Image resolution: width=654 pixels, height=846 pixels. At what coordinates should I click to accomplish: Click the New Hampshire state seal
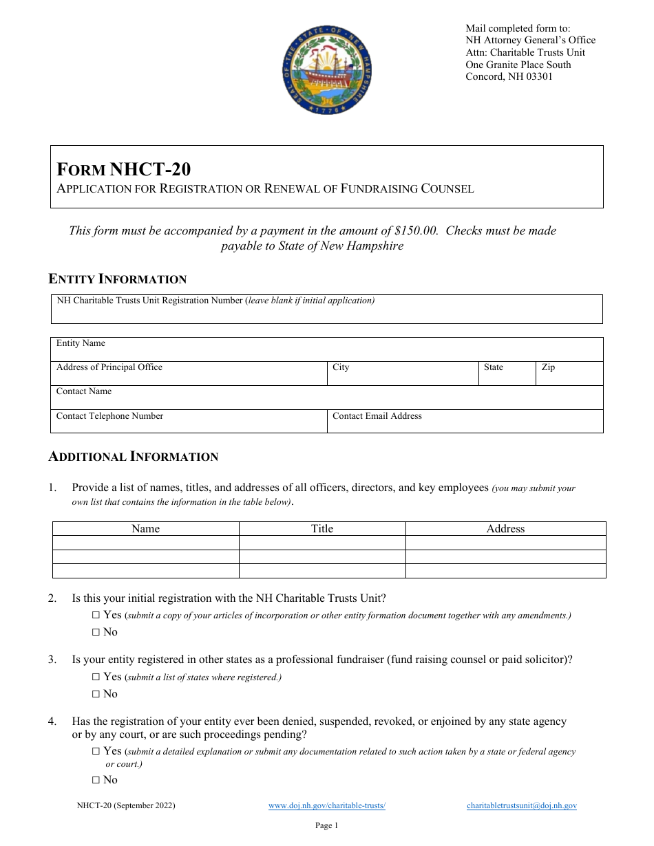(327, 71)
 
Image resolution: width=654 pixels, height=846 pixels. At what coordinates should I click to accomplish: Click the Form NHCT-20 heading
(124, 169)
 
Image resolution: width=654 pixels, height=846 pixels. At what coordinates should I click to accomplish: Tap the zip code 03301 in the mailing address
(538, 76)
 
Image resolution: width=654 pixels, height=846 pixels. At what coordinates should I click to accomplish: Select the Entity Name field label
(81, 343)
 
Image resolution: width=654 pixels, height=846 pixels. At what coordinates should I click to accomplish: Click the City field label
(341, 367)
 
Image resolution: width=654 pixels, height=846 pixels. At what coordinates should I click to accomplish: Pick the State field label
(493, 367)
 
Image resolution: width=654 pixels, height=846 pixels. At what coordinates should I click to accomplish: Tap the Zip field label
(548, 367)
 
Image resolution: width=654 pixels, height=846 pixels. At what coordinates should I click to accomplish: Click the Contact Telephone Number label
(109, 416)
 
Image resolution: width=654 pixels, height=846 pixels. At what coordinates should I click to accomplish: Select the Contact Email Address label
(377, 416)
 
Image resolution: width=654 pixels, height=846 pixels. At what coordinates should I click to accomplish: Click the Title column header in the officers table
(321, 529)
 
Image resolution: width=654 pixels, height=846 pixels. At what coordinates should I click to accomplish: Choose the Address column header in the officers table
(505, 529)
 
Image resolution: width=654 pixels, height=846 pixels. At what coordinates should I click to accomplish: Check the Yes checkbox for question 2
(96, 615)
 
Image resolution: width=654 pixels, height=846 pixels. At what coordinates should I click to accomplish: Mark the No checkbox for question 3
(96, 694)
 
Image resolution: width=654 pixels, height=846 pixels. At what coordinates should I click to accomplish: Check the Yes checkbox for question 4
(96, 752)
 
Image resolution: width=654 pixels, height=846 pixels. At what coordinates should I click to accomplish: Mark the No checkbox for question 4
(96, 780)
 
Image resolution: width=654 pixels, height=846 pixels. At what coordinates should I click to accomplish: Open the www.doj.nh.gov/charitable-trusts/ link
(326, 805)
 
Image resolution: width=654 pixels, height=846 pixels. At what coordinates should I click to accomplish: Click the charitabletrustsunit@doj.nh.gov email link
(521, 805)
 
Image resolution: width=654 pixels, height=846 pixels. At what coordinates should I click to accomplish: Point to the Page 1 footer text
(326, 825)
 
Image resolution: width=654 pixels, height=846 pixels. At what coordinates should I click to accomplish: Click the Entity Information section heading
(117, 279)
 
